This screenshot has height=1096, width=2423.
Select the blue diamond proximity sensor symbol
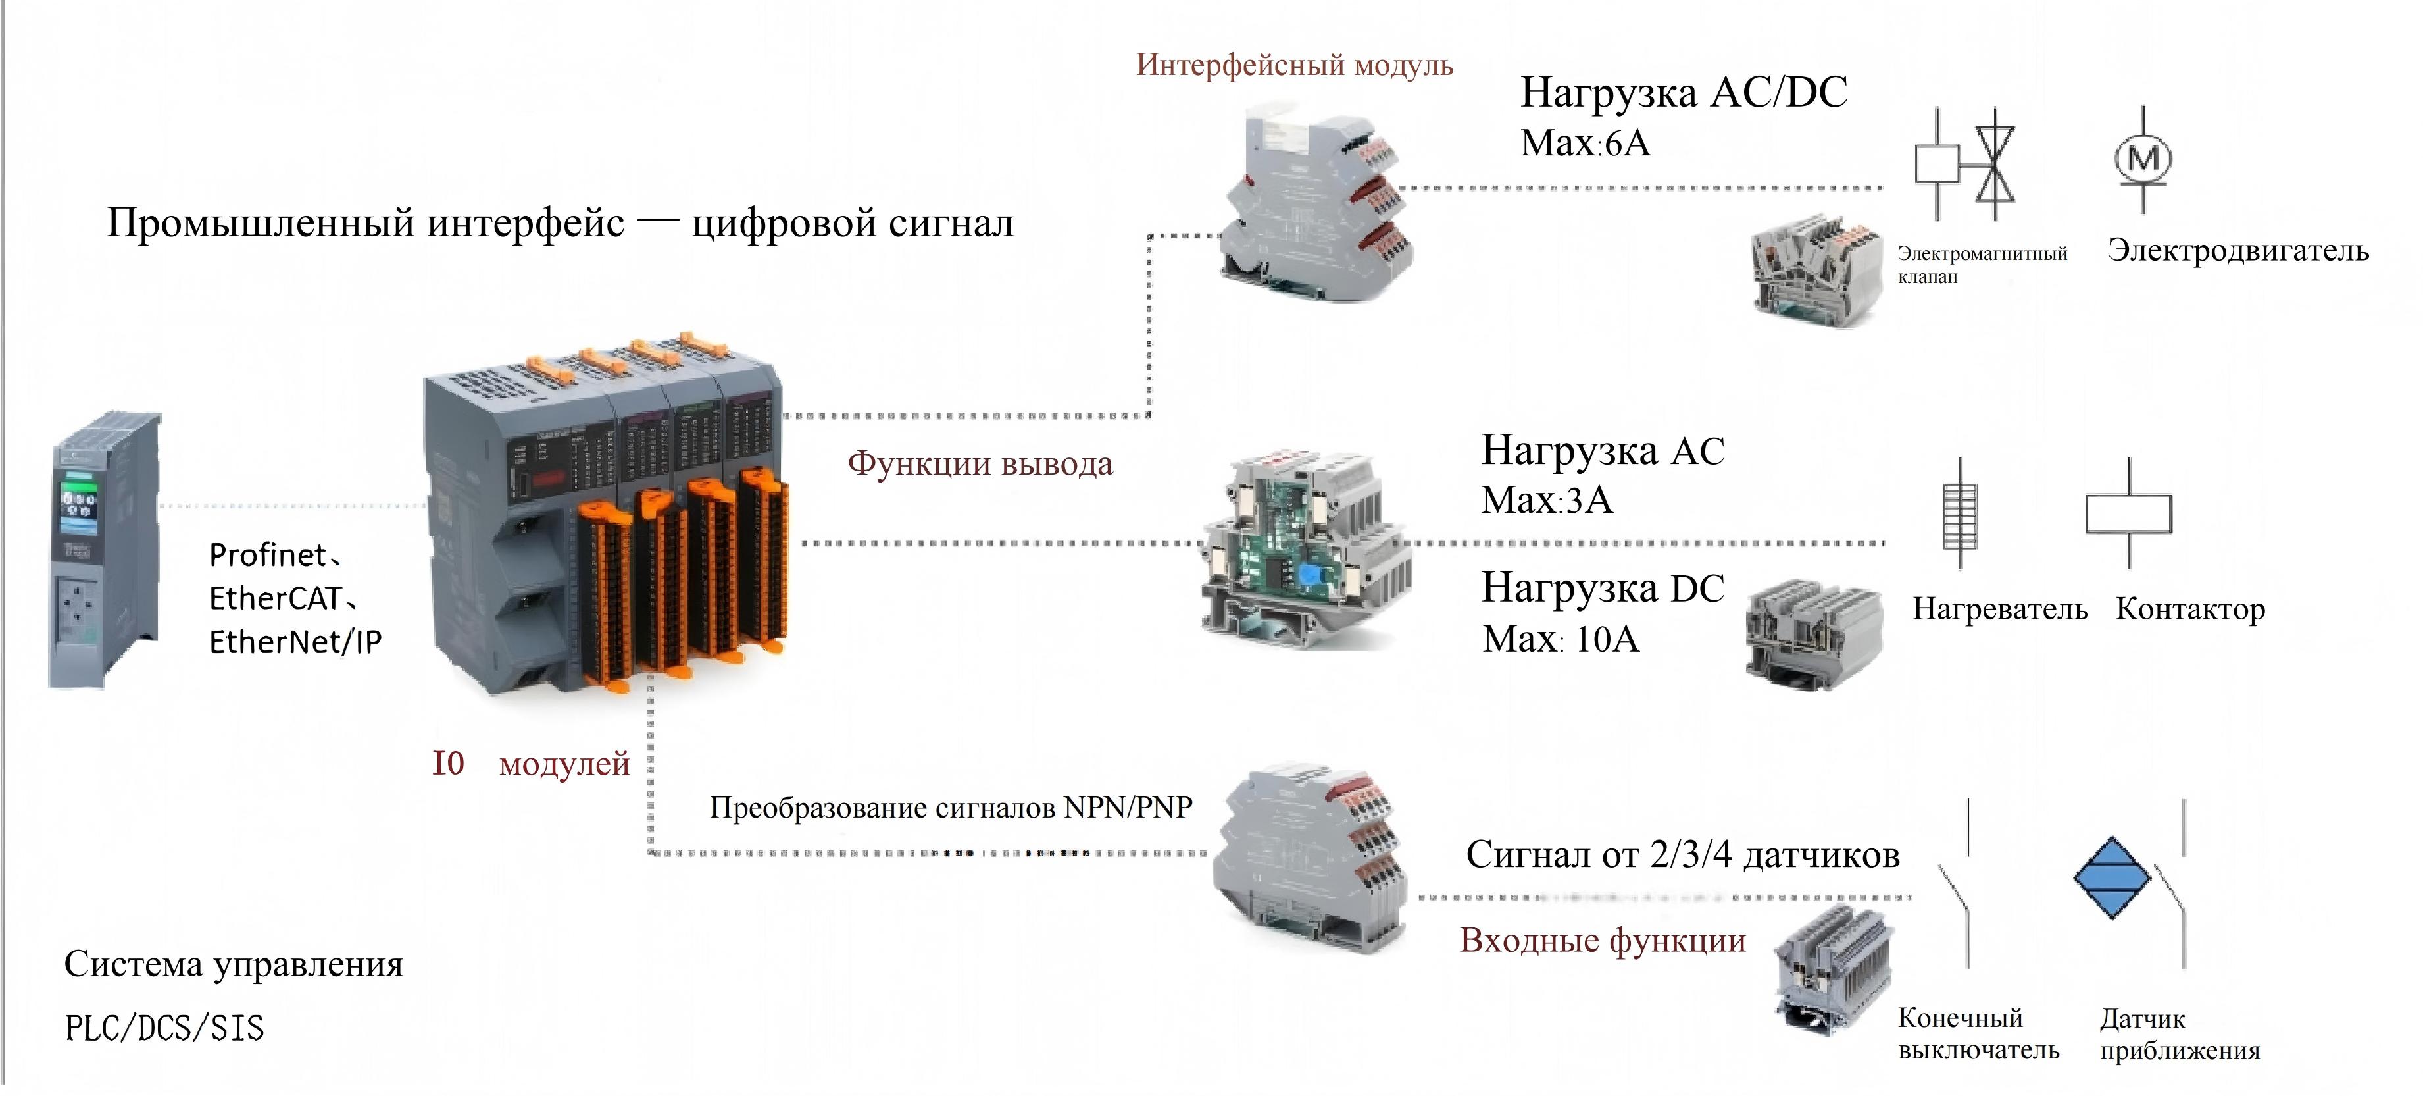coord(2112,877)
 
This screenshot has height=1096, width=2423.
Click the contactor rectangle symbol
coord(2128,513)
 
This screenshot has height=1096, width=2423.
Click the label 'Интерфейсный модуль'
coord(1294,65)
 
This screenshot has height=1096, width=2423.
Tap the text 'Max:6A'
coord(1585,143)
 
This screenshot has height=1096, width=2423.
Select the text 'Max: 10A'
coord(1561,639)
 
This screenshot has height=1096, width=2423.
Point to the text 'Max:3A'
coord(1546,500)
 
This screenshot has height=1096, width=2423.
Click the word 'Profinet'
coord(267,555)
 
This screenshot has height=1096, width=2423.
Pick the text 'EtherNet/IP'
coord(295,642)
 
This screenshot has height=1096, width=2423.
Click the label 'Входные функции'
coord(1603,940)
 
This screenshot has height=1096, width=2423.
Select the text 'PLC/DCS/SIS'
coord(164,1028)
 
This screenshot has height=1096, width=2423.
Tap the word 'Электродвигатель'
coord(2237,250)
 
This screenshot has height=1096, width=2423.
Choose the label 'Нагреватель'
coord(2000,609)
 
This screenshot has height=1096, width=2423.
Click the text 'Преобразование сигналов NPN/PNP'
coord(951,807)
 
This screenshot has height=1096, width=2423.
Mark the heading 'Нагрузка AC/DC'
coord(1684,92)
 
